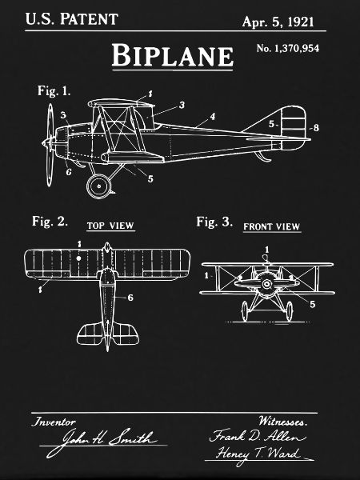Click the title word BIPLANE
click(x=172, y=55)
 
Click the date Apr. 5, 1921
click(x=278, y=22)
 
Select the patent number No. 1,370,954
click(x=288, y=48)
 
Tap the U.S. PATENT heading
click(x=72, y=19)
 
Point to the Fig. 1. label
click(x=54, y=91)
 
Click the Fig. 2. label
click(x=50, y=221)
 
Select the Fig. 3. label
click(x=214, y=222)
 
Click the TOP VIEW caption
click(x=110, y=226)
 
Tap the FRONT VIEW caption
click(x=271, y=227)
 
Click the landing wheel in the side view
click(x=99, y=186)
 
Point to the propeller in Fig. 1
click(x=50, y=145)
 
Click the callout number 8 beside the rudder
click(x=316, y=127)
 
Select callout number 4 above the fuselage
click(x=213, y=116)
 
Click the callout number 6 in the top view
click(x=130, y=298)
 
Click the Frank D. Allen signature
click(x=257, y=435)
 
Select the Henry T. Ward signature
click(x=258, y=454)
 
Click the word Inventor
click(x=54, y=422)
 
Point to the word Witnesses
click(x=282, y=422)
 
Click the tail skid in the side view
click(x=262, y=157)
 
